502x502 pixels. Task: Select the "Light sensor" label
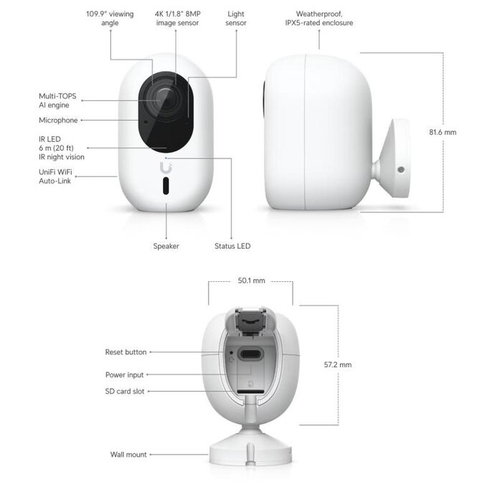coord(236,19)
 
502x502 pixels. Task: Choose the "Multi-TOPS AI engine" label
coord(57,100)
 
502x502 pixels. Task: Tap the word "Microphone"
coord(58,120)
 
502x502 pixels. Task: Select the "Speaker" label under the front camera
coord(166,246)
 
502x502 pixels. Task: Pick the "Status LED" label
coord(232,246)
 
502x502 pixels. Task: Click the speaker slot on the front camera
coord(166,189)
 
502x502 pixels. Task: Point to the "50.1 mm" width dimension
coord(251,280)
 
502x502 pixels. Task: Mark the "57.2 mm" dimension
coord(338,364)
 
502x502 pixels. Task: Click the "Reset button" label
coord(126,352)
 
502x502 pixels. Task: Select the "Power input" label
coord(125,374)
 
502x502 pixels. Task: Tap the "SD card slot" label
coord(126,391)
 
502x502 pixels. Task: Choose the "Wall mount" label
coord(128,455)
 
